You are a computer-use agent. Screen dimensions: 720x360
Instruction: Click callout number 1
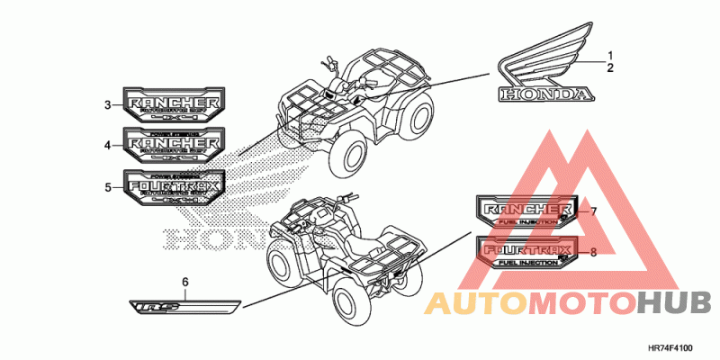click(x=610, y=55)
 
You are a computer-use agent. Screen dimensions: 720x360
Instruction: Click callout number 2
click(x=610, y=67)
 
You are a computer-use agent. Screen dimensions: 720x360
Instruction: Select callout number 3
click(x=107, y=105)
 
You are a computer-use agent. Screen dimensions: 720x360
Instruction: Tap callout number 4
click(x=107, y=145)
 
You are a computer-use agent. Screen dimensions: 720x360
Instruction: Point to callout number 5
click(x=107, y=187)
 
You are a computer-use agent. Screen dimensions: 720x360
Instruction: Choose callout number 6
click(x=186, y=283)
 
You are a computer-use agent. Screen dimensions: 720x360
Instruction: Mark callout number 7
click(x=594, y=211)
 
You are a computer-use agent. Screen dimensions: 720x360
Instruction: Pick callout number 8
click(x=594, y=252)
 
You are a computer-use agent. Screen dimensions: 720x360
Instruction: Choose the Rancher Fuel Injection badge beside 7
click(x=526, y=213)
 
